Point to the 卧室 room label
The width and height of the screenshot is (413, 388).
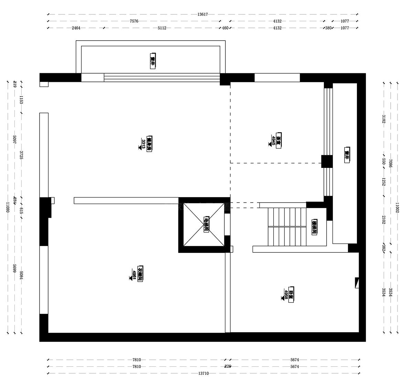tap(292, 295)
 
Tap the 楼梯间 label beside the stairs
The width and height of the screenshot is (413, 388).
tap(314, 227)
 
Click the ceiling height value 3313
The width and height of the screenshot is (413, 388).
tap(143, 144)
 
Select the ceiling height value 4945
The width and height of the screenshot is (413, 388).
tap(273, 140)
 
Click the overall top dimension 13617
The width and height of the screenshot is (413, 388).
tap(202, 14)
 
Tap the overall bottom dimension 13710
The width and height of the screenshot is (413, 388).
tap(203, 373)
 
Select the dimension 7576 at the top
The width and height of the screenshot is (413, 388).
tap(134, 21)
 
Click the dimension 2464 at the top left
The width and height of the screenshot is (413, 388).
tap(76, 28)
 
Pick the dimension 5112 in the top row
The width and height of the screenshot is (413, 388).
tap(162, 28)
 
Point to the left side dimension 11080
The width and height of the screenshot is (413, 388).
tap(7, 207)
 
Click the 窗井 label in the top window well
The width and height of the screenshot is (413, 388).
tap(153, 61)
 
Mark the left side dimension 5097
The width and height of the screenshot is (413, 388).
tap(14, 139)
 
